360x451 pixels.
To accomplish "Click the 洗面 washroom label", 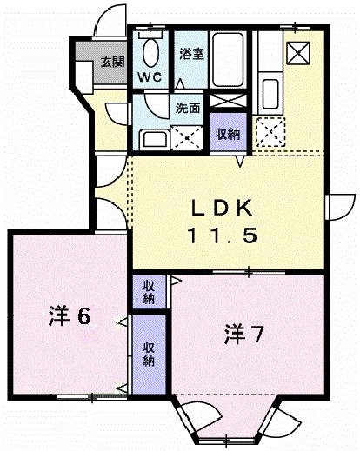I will (188, 109).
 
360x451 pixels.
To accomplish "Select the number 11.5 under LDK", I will (223, 235).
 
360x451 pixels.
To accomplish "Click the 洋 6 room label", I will (68, 315).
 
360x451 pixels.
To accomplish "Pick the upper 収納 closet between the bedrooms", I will (150, 291).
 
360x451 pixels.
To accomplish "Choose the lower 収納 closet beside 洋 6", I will (150, 351).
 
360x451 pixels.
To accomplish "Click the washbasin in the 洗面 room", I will (152, 138).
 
